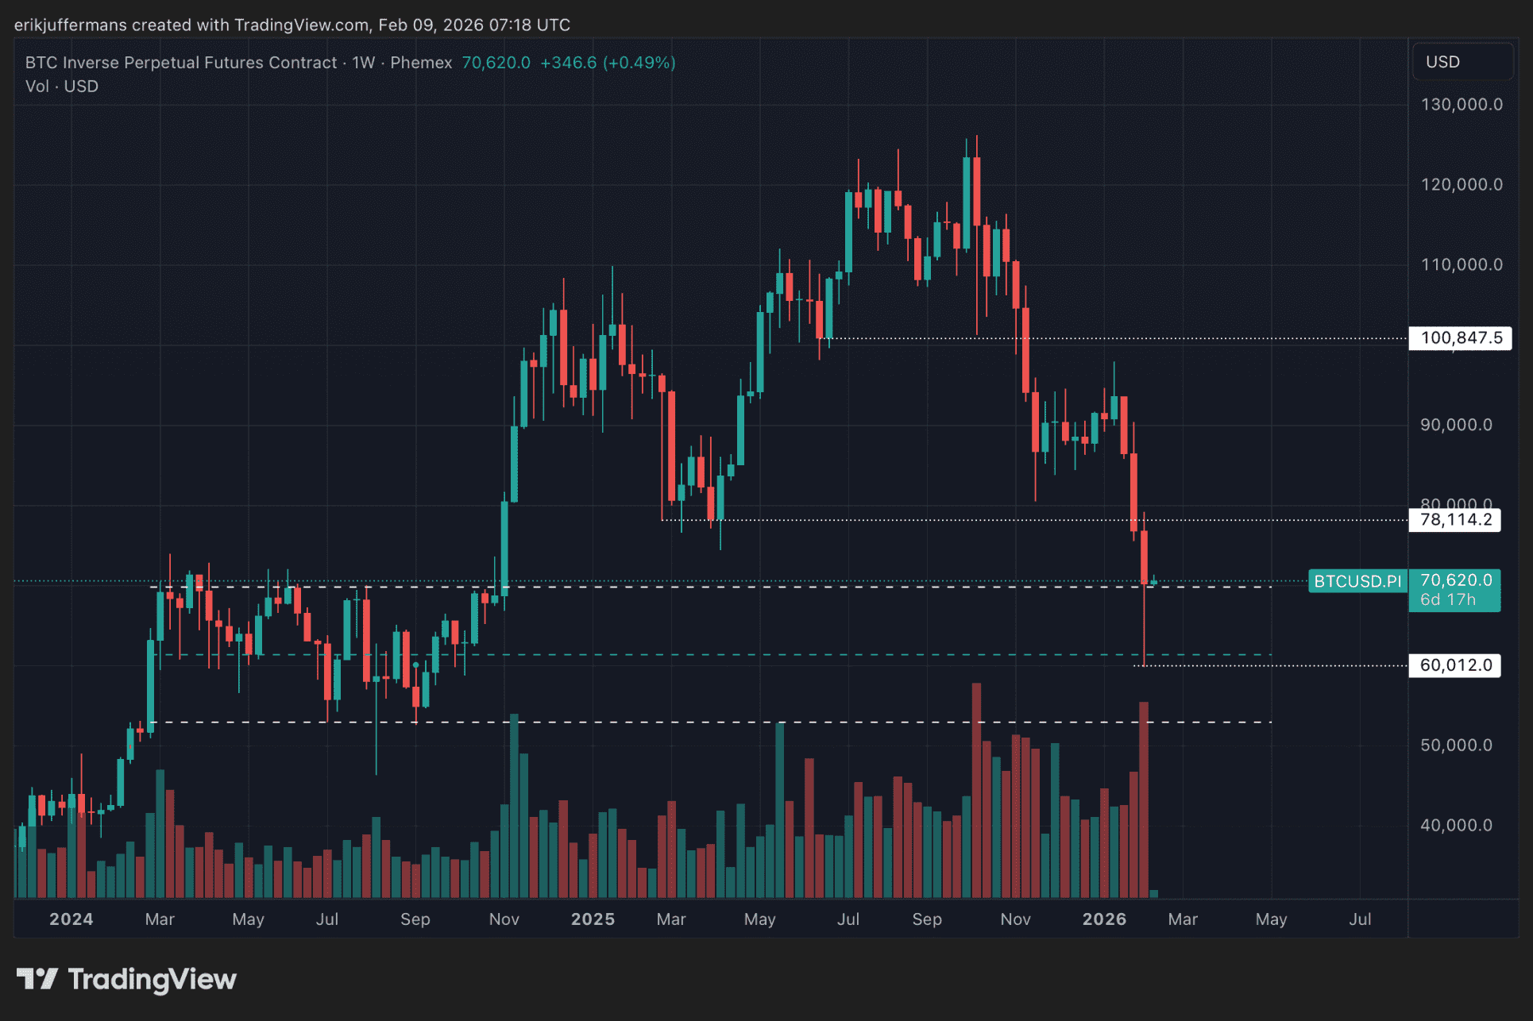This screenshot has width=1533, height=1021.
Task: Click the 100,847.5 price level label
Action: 1460,338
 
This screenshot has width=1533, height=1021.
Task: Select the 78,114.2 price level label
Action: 1455,520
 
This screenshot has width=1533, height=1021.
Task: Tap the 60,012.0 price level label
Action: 1455,665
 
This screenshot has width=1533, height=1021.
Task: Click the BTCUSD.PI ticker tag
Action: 1357,581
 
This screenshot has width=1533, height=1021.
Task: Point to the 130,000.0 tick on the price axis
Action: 1461,105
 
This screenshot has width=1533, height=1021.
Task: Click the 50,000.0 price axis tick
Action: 1456,746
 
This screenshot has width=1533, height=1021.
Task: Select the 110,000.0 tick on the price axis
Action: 1461,265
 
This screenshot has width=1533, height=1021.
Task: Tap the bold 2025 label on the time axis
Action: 593,919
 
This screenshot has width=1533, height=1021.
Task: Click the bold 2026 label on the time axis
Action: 1104,919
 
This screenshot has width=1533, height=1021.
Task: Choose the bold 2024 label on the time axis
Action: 71,919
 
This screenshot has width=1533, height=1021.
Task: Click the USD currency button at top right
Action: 1442,62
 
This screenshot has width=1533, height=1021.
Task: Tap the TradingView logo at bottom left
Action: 127,980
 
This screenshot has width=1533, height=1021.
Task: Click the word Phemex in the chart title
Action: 421,63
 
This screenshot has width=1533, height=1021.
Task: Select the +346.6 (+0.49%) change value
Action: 608,63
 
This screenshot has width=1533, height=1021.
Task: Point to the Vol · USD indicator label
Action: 62,87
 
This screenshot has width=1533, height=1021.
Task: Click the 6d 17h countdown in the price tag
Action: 1447,600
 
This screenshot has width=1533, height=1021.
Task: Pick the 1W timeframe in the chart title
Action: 363,63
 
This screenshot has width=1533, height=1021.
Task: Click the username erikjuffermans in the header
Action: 70,25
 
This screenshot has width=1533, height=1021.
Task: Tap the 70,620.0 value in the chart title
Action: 496,63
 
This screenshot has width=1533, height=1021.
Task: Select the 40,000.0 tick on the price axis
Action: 1456,826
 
